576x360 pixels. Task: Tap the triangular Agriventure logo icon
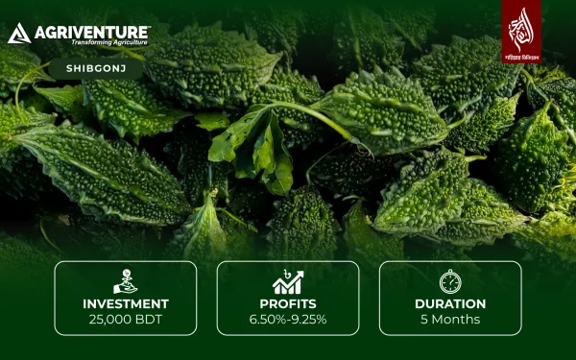(18, 36)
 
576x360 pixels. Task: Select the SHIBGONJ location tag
(94, 68)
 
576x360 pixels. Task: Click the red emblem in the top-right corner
(520, 25)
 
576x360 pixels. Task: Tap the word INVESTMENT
(125, 304)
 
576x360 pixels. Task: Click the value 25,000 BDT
(125, 320)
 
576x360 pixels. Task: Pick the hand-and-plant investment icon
(125, 281)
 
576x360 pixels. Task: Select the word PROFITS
(288, 304)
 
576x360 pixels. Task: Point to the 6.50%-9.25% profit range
(288, 320)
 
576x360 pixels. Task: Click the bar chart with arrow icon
(288, 281)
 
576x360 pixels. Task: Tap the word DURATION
(450, 304)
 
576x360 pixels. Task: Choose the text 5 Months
(450, 320)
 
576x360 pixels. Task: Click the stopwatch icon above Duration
(450, 281)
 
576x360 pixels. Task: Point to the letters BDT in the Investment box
(148, 320)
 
